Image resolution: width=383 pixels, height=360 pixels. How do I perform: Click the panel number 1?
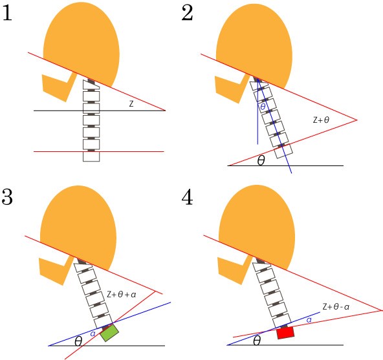point(7,14)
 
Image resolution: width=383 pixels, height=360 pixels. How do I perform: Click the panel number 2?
point(188,13)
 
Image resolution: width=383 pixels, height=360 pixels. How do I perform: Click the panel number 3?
point(7,196)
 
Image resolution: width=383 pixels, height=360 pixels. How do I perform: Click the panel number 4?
point(188,197)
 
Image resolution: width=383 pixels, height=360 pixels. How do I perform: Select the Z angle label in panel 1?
point(131,104)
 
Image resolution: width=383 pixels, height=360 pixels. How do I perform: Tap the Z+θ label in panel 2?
point(321,120)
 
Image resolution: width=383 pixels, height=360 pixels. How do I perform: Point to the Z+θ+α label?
point(122,294)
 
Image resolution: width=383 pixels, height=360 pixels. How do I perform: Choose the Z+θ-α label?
point(336,306)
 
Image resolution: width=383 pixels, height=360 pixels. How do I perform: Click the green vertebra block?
point(109,332)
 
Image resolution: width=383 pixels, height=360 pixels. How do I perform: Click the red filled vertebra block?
point(285,333)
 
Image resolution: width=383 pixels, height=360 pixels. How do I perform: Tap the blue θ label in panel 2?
point(263,107)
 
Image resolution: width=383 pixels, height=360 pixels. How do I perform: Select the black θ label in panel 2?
point(261,160)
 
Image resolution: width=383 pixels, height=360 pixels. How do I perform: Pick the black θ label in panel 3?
point(78,341)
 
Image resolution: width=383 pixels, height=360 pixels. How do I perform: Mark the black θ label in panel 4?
point(257,341)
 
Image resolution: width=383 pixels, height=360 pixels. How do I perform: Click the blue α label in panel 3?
point(93,334)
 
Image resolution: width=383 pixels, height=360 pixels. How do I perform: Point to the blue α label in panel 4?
point(309,320)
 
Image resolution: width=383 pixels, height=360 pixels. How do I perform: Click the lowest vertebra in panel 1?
point(91,156)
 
